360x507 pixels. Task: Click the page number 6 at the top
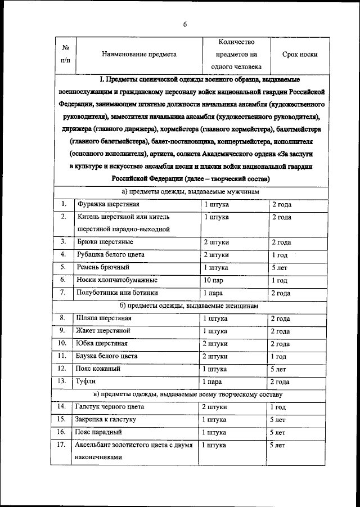(x=184, y=23)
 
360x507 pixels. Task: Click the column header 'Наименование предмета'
(x=139, y=55)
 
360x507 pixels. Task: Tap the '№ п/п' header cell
(x=65, y=54)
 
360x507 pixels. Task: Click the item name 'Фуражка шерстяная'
(x=109, y=204)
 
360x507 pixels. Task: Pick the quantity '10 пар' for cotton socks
(x=214, y=280)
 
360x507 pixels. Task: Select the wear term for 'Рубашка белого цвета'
(x=280, y=255)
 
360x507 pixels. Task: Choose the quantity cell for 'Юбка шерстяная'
(x=215, y=344)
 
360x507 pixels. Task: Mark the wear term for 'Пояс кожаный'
(x=278, y=369)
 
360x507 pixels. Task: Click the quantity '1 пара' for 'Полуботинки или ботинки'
(x=214, y=293)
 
